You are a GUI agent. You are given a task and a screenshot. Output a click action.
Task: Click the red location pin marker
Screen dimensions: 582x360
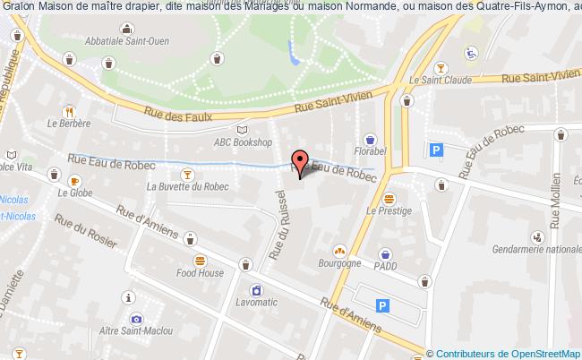(x=300, y=162)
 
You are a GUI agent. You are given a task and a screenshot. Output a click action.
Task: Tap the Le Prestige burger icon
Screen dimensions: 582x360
(x=388, y=198)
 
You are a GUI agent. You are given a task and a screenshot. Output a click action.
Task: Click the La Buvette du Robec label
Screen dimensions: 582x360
(x=188, y=186)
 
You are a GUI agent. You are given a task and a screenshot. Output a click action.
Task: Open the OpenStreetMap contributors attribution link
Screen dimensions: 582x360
(x=505, y=354)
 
